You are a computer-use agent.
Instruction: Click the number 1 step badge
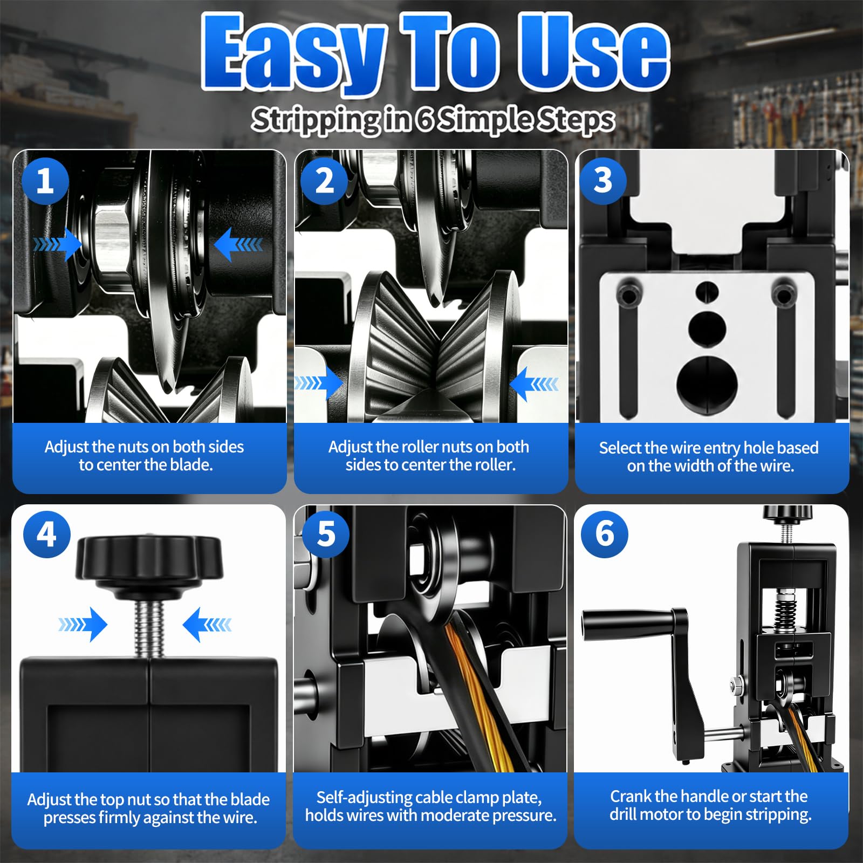45,181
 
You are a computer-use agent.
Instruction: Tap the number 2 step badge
324,181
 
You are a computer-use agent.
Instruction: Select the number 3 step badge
603,181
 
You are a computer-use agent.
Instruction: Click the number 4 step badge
47,534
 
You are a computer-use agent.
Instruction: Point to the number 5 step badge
326,534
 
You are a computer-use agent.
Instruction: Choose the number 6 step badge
605,534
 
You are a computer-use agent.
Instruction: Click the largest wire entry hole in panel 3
707,382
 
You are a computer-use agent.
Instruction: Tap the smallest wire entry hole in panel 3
707,291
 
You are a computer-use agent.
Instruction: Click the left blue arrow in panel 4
83,625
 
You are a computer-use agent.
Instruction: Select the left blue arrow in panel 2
319,383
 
